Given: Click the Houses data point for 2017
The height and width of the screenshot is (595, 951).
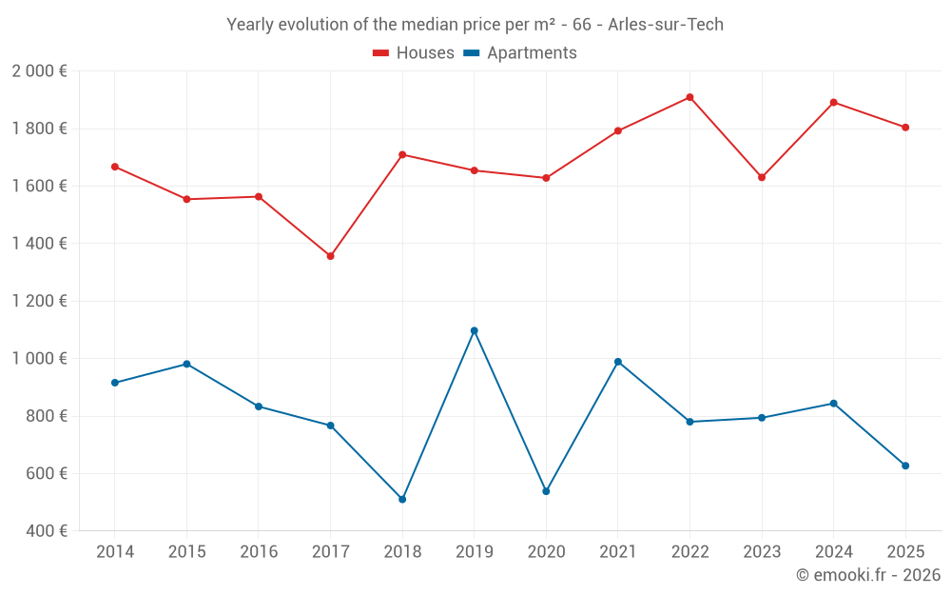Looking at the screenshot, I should coord(330,256).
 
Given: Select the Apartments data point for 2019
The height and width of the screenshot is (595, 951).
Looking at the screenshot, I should coord(474,330).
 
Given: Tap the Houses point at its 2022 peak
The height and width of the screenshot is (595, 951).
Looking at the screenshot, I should coord(689,97).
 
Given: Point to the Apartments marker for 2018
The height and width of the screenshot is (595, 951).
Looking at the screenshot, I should coord(402,499).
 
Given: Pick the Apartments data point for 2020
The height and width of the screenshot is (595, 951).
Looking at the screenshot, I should coord(546,491).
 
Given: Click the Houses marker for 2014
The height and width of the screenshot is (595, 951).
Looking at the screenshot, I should coord(115,167).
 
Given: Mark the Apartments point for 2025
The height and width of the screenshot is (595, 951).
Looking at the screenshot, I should coord(905,466).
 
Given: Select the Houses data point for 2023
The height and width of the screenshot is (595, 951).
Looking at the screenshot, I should coord(762,177).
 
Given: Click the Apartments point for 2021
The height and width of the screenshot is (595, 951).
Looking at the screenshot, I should coord(618,362).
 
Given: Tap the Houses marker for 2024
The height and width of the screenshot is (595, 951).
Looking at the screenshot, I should coord(833,102).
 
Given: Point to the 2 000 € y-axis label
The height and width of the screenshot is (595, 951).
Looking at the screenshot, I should coord(39,71).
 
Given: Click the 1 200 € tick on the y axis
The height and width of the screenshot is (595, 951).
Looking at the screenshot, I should coord(39,301).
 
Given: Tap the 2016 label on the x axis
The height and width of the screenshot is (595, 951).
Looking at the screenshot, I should coord(259,552).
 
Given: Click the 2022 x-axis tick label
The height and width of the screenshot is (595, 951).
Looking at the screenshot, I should coord(689,552).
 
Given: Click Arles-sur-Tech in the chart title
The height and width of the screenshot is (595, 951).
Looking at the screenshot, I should coord(666,25).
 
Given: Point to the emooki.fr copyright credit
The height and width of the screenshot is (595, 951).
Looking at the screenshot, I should coord(867,575).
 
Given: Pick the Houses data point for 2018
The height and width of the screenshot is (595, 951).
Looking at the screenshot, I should coord(402,154).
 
